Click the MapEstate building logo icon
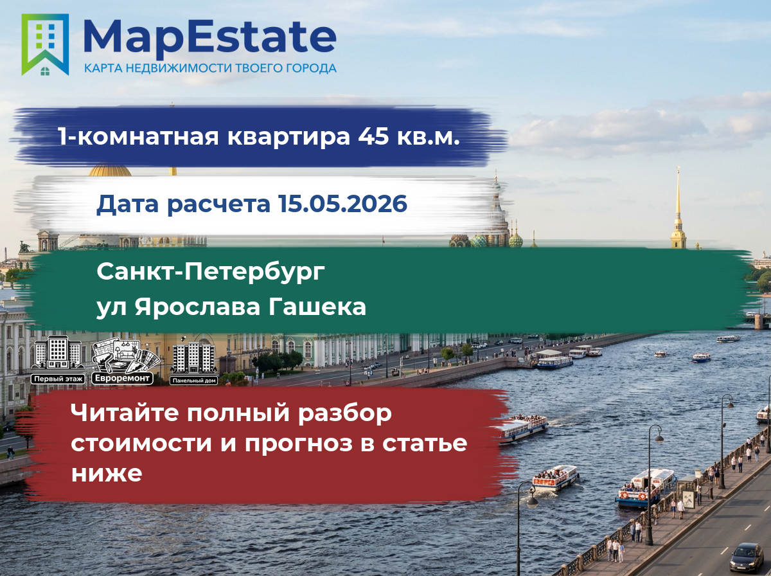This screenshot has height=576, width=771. click(x=45, y=44)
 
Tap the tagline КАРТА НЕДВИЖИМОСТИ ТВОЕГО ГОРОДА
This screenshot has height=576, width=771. click(x=210, y=68)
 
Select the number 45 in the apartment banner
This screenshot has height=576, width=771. click(x=373, y=136)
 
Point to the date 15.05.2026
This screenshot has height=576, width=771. click(x=343, y=203)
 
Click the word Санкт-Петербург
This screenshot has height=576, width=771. click(x=211, y=273)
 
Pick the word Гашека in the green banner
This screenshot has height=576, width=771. click(x=317, y=307)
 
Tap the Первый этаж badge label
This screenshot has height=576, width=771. click(x=58, y=379)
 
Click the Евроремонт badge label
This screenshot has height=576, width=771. click(x=122, y=378)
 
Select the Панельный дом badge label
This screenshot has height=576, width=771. click(x=194, y=381)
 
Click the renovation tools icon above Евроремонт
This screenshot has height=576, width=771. click(x=125, y=355)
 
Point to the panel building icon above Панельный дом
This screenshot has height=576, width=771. click(x=193, y=355)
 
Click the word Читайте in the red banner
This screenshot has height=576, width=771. click(x=125, y=413)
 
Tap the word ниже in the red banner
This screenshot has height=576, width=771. click(x=107, y=473)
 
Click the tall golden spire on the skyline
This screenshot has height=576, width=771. click(x=678, y=208)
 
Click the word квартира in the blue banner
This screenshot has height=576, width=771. click(x=288, y=137)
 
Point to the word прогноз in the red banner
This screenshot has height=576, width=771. click(x=299, y=444)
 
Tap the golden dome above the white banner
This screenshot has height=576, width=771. click(x=110, y=170)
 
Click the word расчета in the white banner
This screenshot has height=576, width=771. click(x=218, y=204)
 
